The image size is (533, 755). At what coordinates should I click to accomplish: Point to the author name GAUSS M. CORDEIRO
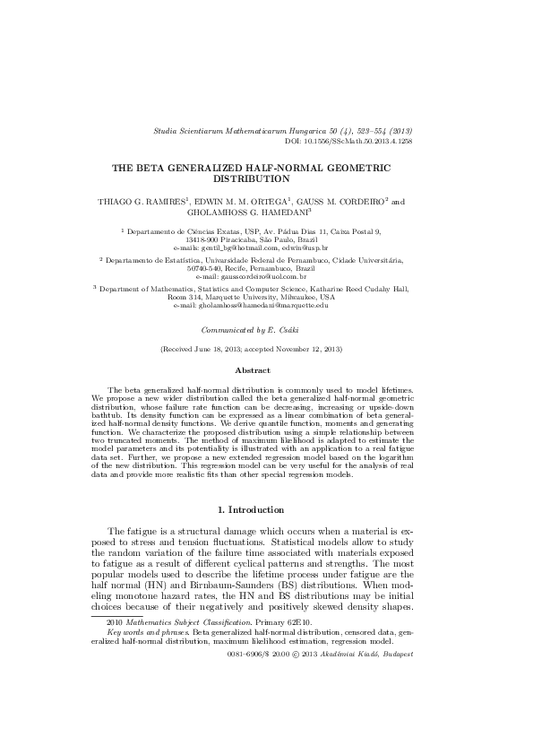click(x=341, y=202)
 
